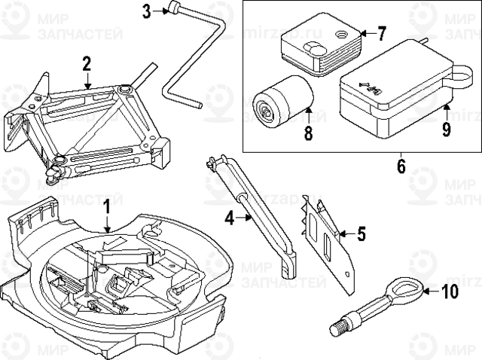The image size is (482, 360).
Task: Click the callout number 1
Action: click(x=106, y=206)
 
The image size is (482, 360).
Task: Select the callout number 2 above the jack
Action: click(x=87, y=63)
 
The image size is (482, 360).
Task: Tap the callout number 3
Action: click(x=147, y=11)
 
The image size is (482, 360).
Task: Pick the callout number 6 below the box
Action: click(x=401, y=165)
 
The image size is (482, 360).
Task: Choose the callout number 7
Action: click(x=381, y=33)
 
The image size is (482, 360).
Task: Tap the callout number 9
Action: click(x=446, y=130)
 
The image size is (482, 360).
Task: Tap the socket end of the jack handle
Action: click(x=175, y=10)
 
